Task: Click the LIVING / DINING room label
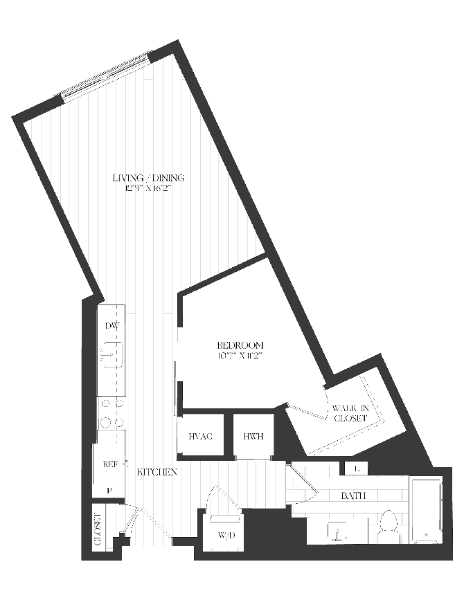[x=148, y=178]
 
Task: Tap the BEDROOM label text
[x=240, y=345]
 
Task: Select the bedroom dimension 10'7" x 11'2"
[x=240, y=355]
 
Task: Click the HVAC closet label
[x=201, y=436]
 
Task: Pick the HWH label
[x=253, y=436]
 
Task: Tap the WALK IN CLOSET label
[x=350, y=413]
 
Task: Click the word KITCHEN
[x=157, y=472]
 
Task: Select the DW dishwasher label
[x=112, y=326]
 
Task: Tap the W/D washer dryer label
[x=226, y=536]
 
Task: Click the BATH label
[x=353, y=496]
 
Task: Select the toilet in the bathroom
[x=387, y=527]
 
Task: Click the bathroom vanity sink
[x=337, y=531]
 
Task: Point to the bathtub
[x=427, y=509]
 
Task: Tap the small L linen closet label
[x=357, y=469]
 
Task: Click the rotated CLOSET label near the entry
[x=98, y=529]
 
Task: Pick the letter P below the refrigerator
[x=109, y=490]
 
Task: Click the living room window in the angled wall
[x=107, y=75]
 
